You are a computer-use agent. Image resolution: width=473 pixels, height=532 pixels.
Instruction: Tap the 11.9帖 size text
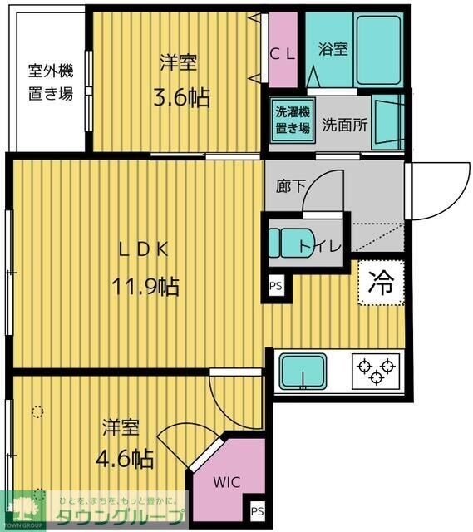tap(146, 287)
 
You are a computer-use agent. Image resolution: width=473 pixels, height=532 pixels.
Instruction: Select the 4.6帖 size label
tap(126, 458)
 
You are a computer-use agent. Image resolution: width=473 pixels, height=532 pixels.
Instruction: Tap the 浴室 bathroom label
tap(333, 48)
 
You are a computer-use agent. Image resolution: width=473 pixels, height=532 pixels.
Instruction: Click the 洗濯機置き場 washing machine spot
tap(293, 120)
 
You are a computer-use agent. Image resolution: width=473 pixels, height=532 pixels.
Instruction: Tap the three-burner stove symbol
tap(375, 370)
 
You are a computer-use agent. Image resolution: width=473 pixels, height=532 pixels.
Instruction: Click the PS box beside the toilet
tap(275, 286)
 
